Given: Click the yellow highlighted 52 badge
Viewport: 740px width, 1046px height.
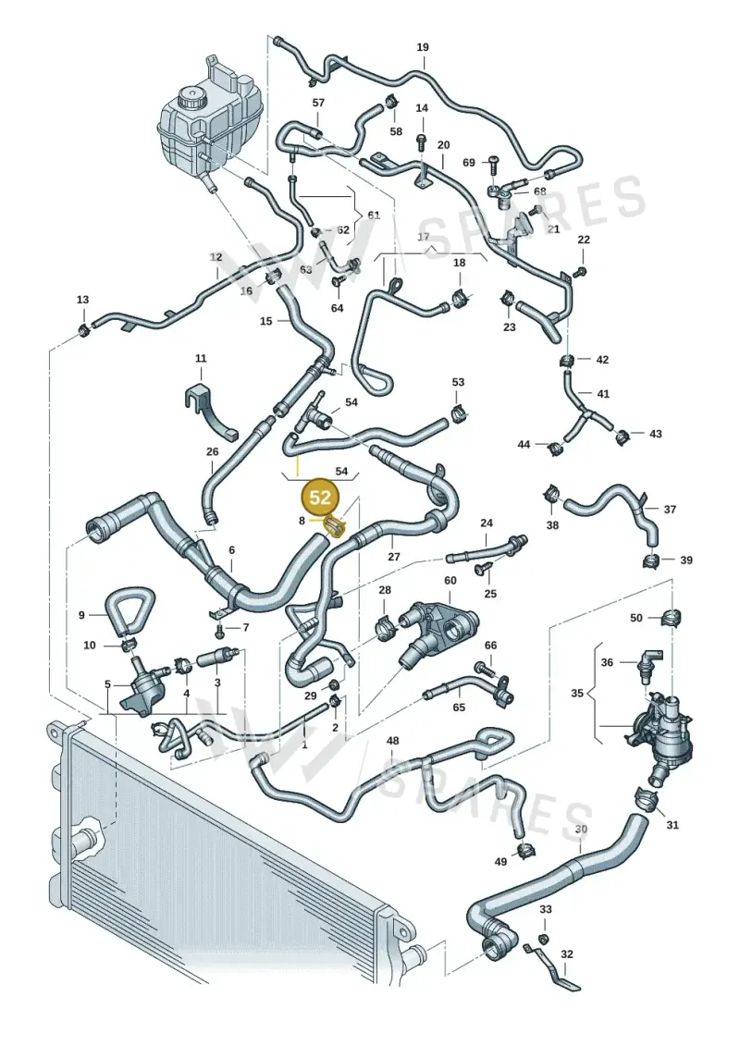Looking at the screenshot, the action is tap(320, 497).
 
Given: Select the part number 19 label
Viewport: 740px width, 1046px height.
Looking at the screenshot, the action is tap(423, 47).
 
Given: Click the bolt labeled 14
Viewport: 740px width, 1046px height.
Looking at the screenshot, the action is tap(421, 142).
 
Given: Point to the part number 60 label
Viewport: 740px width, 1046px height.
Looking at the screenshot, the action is tap(450, 581).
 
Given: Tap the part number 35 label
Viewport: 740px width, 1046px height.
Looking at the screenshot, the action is tap(577, 693).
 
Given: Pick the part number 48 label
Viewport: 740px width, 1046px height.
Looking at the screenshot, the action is tap(393, 741).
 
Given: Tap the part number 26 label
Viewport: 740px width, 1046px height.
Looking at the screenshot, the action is tap(212, 451).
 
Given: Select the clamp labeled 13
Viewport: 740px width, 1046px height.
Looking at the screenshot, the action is tap(83, 328).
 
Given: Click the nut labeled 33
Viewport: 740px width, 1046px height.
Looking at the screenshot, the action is tap(543, 940).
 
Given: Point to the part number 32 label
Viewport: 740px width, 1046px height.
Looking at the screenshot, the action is tap(566, 954).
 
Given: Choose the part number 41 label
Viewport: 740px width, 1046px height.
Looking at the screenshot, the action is tap(603, 394).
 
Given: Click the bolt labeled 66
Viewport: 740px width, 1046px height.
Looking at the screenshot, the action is tap(485, 667).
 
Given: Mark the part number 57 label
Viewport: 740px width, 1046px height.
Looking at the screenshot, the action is tap(318, 103).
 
